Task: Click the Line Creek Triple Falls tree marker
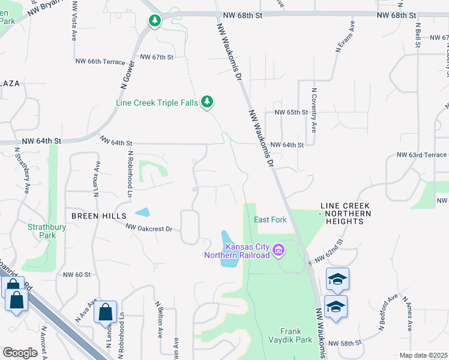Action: [207, 101]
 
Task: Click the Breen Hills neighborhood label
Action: [99, 215]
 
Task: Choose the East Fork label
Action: [270, 220]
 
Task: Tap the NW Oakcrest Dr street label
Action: [149, 228]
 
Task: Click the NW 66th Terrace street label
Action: [100, 61]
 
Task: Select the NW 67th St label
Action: [157, 57]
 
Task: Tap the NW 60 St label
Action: [77, 274]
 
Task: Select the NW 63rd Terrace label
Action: [421, 155]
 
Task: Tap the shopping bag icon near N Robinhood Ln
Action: [105, 312]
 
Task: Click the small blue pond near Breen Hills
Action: [143, 212]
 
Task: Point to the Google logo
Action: [20, 353]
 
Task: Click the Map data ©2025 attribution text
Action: [423, 355]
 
